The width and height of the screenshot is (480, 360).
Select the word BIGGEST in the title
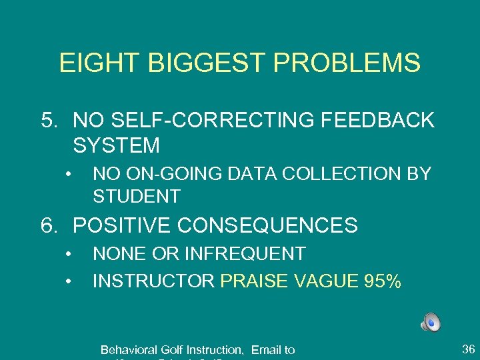(x=189, y=63)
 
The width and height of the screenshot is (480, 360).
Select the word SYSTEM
(x=117, y=145)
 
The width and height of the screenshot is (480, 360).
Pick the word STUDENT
(x=137, y=197)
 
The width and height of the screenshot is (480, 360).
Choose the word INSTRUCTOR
(x=153, y=281)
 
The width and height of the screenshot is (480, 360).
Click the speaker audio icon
(x=430, y=323)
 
